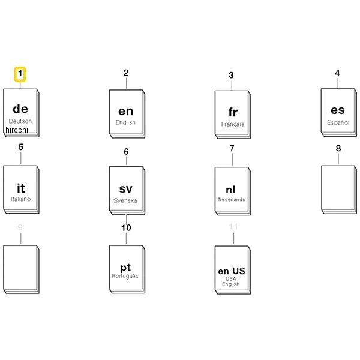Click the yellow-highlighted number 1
tap(20, 74)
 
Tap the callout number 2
tap(126, 73)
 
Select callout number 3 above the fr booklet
tap(231, 76)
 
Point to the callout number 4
tap(337, 73)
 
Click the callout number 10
tap(126, 228)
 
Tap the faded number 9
tap(20, 227)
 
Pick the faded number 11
tap(233, 227)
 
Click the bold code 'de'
tap(20, 109)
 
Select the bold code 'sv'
tap(125, 189)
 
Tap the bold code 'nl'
tap(230, 190)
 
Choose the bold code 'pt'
tap(125, 268)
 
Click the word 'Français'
tap(233, 124)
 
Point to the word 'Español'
tap(338, 122)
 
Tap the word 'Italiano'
tap(20, 199)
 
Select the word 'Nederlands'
tap(232, 200)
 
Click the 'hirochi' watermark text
tap(17, 130)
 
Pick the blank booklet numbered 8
tap(339, 190)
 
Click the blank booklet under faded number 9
tap(21, 269)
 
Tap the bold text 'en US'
tap(232, 271)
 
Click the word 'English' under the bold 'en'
tap(125, 122)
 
